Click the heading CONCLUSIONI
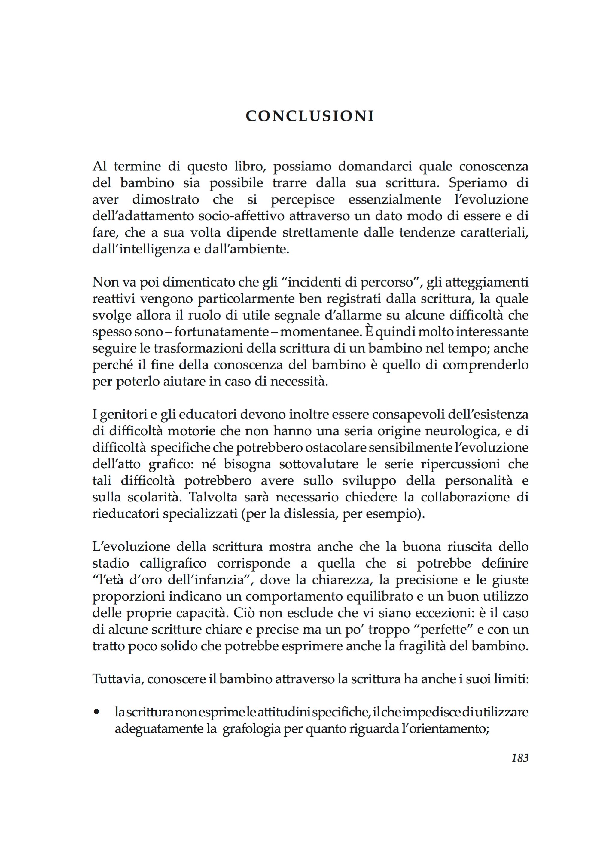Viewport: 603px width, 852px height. (x=310, y=116)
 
